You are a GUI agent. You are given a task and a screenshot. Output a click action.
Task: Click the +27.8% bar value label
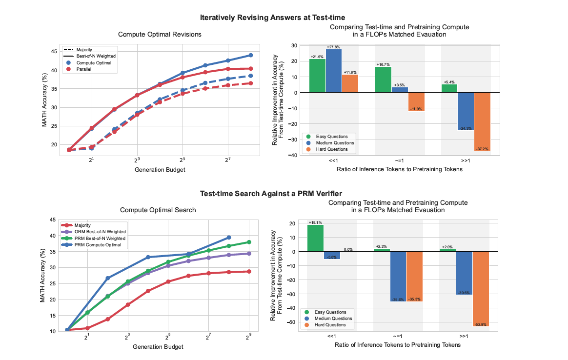click(x=333, y=47)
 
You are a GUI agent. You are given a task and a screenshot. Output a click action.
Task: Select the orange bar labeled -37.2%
click(x=482, y=121)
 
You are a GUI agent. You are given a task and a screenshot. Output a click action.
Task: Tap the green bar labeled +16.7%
click(x=383, y=80)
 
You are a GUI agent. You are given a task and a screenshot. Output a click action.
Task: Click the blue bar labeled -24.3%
click(x=466, y=112)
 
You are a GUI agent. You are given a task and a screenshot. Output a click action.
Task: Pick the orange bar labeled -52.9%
click(x=481, y=289)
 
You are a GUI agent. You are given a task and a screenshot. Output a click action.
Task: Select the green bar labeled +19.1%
click(x=315, y=238)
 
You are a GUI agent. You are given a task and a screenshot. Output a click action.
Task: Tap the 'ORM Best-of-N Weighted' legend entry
click(x=94, y=232)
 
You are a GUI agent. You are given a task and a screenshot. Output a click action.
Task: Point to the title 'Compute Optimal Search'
click(x=158, y=210)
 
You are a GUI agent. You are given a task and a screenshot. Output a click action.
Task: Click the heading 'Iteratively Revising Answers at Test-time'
click(x=272, y=18)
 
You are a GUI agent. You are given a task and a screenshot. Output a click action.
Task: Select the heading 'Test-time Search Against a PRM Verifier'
click(x=271, y=193)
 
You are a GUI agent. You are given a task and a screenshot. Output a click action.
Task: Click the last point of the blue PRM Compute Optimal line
click(x=228, y=238)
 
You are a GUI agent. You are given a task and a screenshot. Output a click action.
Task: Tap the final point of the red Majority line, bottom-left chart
click(x=249, y=272)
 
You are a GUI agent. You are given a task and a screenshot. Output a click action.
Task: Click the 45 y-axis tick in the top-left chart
click(x=54, y=52)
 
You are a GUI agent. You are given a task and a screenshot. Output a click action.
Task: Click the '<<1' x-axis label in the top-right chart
click(x=333, y=160)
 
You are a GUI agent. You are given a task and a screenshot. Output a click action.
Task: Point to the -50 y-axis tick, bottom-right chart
click(x=291, y=322)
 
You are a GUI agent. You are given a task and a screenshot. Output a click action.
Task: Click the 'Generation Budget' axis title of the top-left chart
click(x=160, y=169)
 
